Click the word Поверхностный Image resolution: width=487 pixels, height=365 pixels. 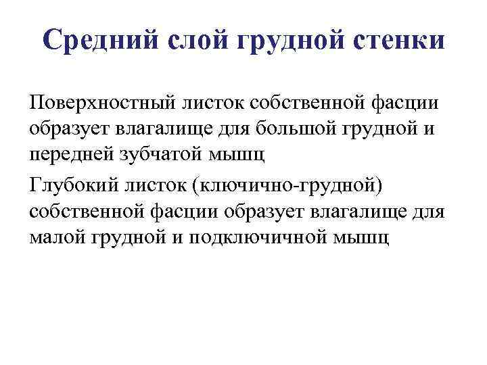click(100, 104)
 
